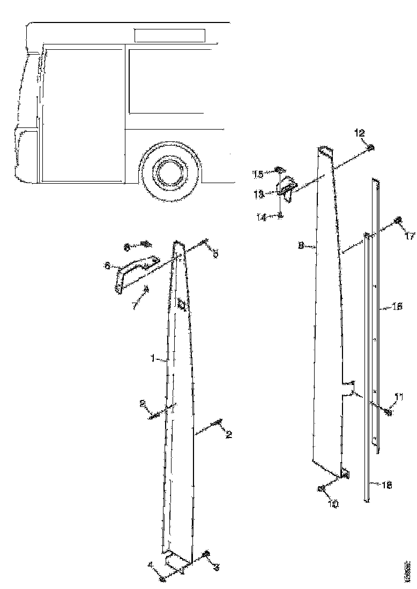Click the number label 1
[152, 359]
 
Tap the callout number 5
[215, 254]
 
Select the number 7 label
[135, 306]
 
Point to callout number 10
[333, 504]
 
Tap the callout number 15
[258, 174]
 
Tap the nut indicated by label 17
[398, 221]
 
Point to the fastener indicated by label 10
[321, 488]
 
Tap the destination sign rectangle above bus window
[169, 35]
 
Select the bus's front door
[83, 115]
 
